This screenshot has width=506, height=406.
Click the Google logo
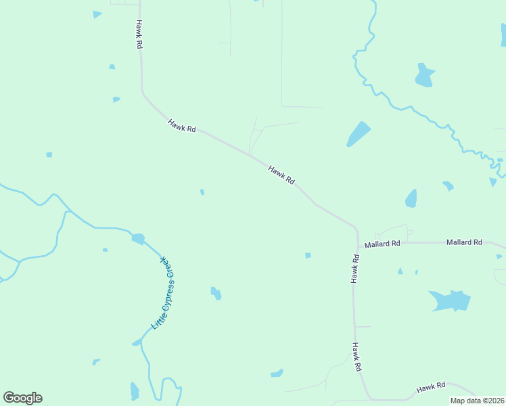coord(22,398)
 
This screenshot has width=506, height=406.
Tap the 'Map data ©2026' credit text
coord(478,401)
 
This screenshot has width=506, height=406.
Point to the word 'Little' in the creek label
coord(156,322)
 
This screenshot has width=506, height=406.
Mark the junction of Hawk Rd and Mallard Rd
coord(357,242)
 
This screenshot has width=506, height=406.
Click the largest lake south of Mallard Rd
coord(450,300)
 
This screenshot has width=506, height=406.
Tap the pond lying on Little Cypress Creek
coord(138,238)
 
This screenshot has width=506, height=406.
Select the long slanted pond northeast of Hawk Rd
coord(359,133)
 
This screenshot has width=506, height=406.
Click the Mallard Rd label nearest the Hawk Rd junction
coord(382,244)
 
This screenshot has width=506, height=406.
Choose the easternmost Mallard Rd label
coord(464,242)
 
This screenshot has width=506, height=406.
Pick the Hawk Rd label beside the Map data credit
coord(431,387)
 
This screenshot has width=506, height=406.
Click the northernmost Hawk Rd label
coord(139,33)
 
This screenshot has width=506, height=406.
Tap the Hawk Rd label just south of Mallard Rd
coord(354,269)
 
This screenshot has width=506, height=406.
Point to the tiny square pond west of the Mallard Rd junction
coord(308,255)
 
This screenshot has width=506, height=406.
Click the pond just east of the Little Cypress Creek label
coord(216,293)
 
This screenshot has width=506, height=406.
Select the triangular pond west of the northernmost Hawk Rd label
coord(97,14)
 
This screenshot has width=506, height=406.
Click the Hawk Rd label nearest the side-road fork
coord(281,175)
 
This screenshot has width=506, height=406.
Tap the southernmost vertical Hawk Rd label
coord(356,357)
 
